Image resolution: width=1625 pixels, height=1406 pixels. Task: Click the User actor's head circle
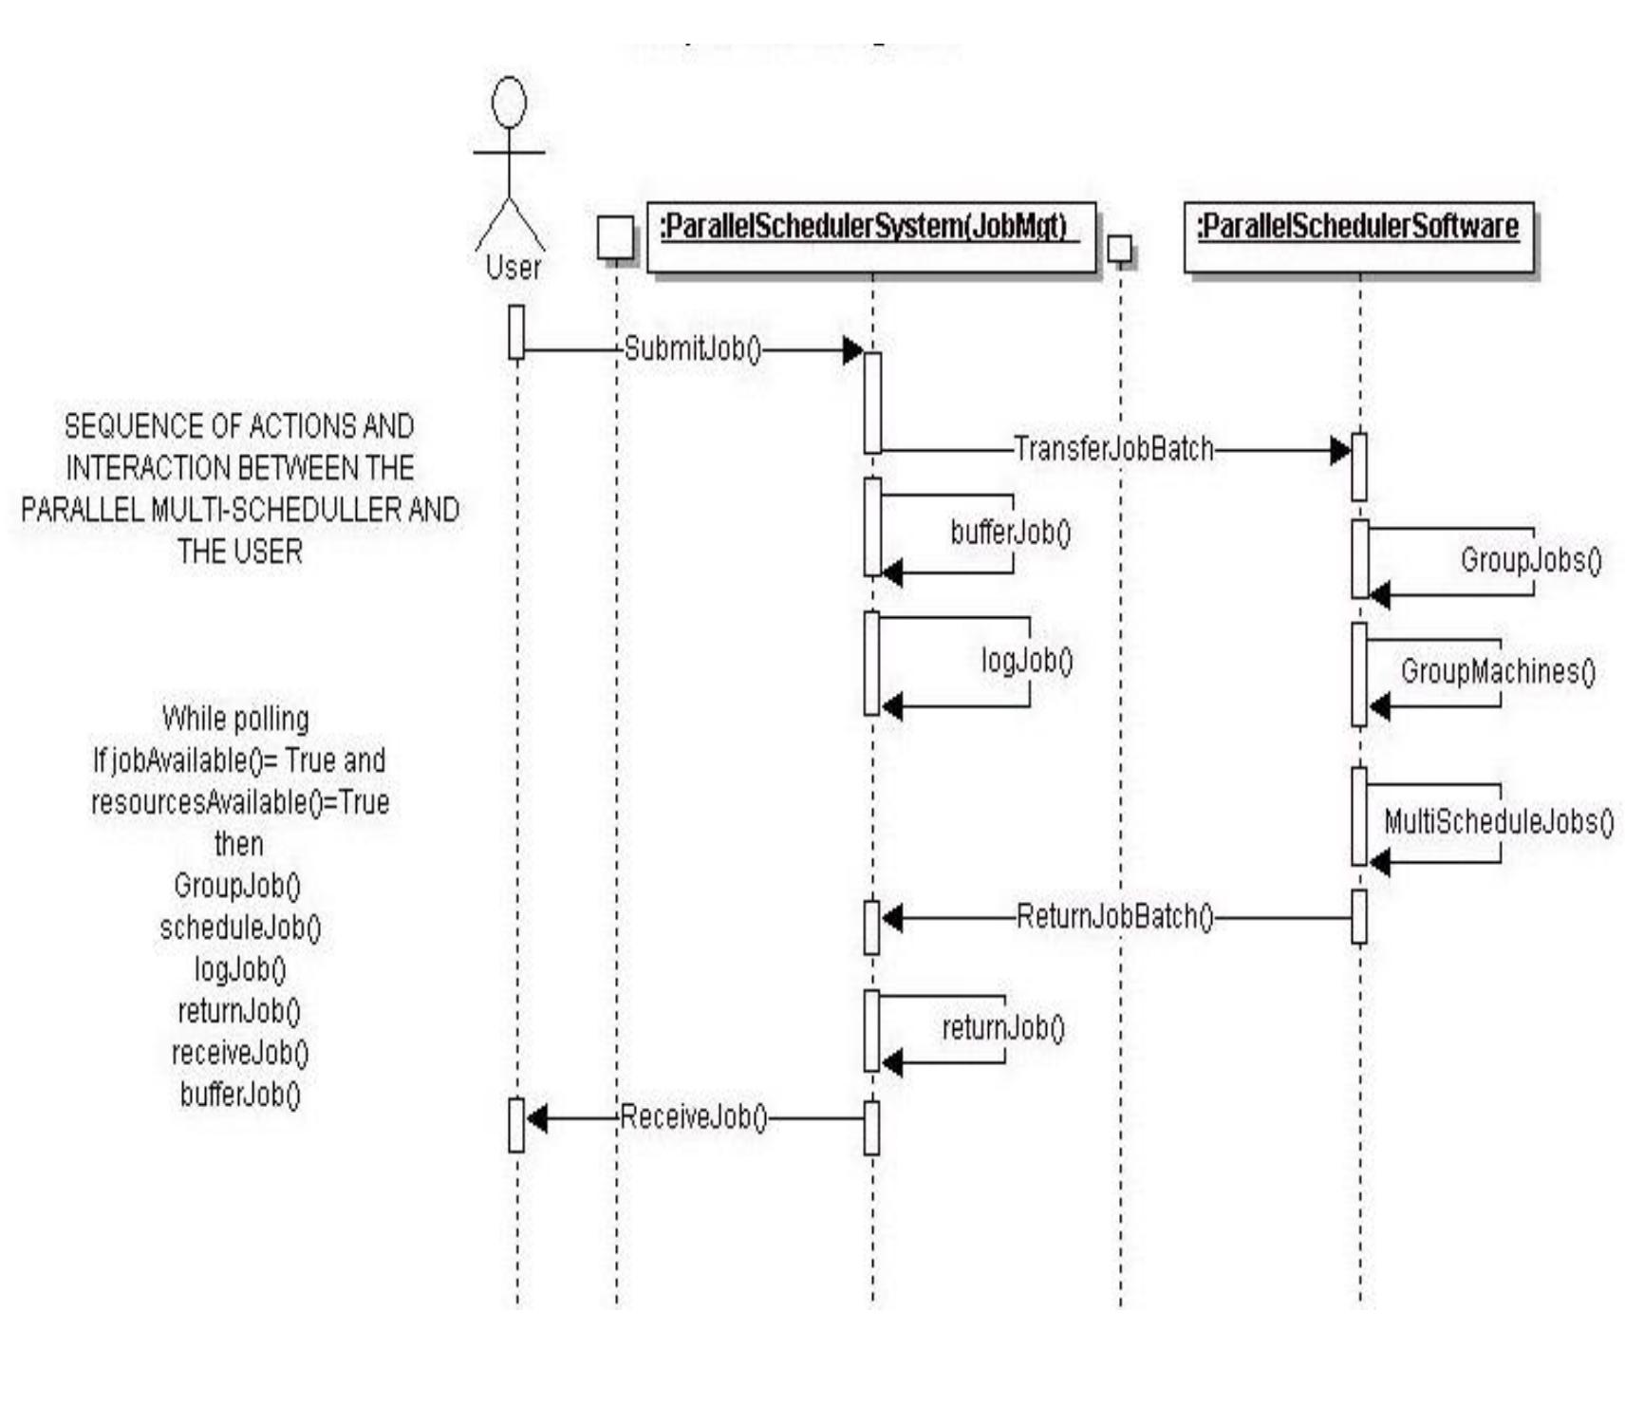pos(510,103)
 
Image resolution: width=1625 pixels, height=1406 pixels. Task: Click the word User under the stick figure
pos(513,268)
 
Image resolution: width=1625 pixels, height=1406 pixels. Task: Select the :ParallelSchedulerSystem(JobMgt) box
pos(870,236)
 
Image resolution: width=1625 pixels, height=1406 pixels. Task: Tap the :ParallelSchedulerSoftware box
pos(1358,238)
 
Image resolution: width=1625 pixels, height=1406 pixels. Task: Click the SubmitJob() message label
pos(692,349)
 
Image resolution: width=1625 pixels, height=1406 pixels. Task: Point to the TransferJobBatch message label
pos(1113,448)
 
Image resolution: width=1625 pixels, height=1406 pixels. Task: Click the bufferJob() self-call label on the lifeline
pos(1010,533)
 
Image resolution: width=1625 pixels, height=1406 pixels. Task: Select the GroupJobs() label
pos(1530,560)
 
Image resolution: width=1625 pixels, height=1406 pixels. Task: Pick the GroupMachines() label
pos(1497,672)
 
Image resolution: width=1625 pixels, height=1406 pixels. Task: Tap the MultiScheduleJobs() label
pos(1498,822)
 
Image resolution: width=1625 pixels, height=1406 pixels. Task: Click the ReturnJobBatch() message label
pos(1114,917)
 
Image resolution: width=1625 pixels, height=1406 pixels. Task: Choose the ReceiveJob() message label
pos(693,1117)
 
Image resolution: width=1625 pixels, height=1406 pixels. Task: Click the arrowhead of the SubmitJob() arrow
pos(852,350)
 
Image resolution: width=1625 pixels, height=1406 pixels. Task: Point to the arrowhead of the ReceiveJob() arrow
pos(537,1118)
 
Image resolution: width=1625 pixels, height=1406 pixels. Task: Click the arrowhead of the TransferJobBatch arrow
pos(1339,450)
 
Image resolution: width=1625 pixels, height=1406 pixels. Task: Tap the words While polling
pos(235,719)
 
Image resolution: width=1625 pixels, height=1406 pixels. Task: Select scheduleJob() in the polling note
pos(239,928)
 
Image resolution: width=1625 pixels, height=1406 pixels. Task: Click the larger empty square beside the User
pos(615,237)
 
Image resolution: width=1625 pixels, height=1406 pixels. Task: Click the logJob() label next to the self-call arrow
pos(1026,661)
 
